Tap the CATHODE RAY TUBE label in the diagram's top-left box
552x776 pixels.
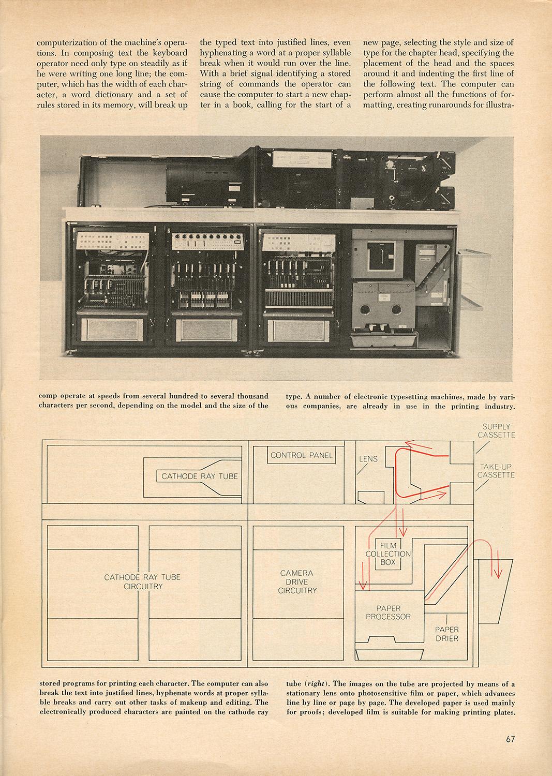click(x=200, y=476)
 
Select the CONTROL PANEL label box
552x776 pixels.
click(x=302, y=456)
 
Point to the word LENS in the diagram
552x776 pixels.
click(x=368, y=459)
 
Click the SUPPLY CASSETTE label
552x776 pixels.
click(x=496, y=430)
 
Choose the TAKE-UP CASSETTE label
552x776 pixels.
click(x=496, y=471)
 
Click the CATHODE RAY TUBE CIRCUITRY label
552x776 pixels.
click(x=142, y=581)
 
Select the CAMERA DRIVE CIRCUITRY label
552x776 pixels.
click(x=296, y=581)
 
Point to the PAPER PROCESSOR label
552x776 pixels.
click(x=388, y=613)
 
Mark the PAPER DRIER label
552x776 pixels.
click(x=446, y=634)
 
